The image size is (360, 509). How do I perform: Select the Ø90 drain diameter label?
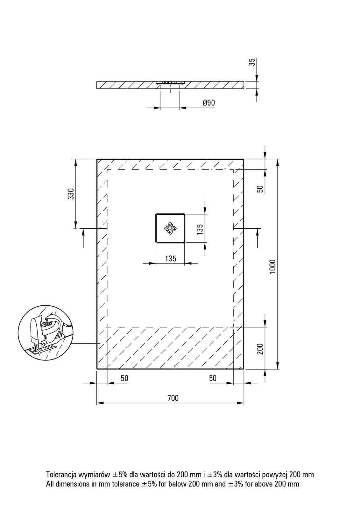209,103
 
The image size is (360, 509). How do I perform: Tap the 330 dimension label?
71,194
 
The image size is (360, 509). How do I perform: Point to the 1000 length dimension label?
272,267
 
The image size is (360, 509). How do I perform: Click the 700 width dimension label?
173,398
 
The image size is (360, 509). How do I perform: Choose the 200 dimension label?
260,349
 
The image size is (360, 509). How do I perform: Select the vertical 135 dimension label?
200,229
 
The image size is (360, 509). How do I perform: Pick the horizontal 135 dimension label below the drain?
171,259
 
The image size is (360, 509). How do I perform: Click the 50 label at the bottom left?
125,378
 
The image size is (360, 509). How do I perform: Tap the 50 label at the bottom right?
213,378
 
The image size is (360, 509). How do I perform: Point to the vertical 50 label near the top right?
260,189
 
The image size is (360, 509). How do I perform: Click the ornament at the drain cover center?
170,228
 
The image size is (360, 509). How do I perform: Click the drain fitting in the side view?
170,83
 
